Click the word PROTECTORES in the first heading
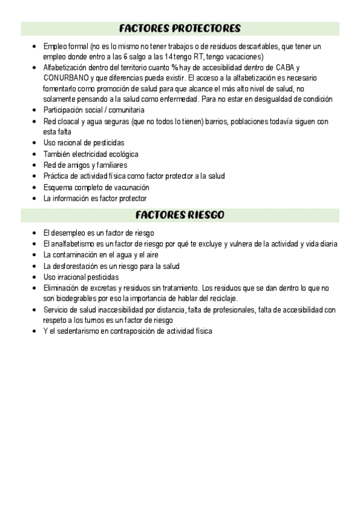(206, 28)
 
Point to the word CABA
(283, 67)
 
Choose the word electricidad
(95, 154)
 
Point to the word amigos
(80, 165)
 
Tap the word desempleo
(70, 232)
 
